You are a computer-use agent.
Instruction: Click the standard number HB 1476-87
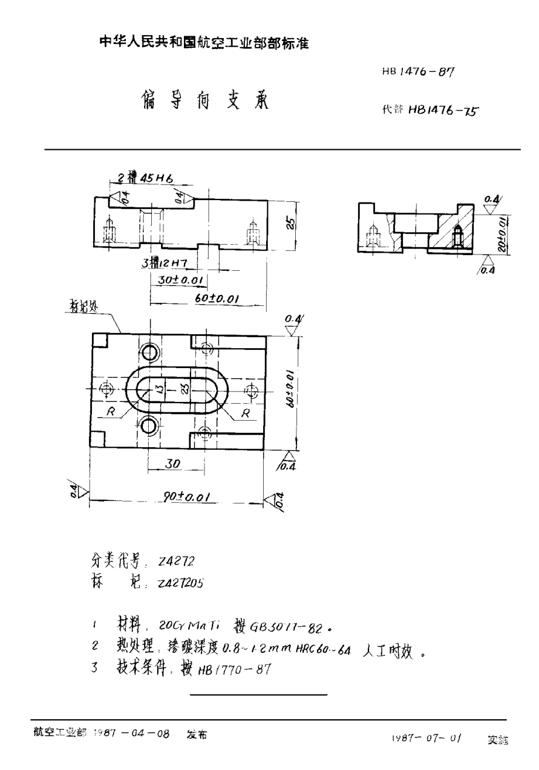417,71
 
